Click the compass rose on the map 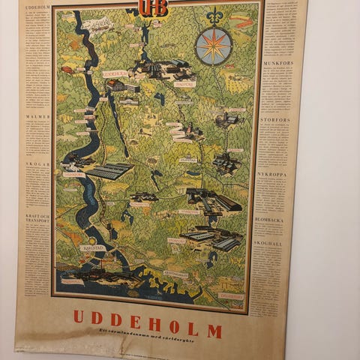[x=214, y=46]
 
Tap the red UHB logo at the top [x=152, y=8]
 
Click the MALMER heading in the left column [x=38, y=116]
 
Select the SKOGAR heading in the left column [x=38, y=163]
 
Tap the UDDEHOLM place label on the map [x=114, y=73]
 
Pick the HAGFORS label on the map [x=184, y=84]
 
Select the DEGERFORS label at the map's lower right [x=232, y=295]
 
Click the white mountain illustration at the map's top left [x=97, y=25]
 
